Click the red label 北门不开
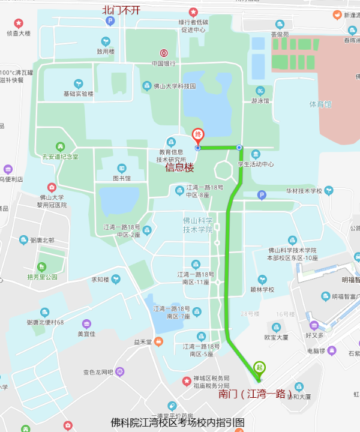click(121, 10)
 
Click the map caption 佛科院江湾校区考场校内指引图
click(178, 422)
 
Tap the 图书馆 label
click(122, 178)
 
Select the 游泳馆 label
click(260, 101)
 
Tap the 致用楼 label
click(106, 52)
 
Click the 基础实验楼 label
click(79, 94)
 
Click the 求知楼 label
click(100, 279)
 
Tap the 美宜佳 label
click(86, 334)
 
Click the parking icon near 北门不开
click(110, 21)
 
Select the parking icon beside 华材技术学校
click(261, 195)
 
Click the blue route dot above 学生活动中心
click(239, 148)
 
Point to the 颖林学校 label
click(262, 289)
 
